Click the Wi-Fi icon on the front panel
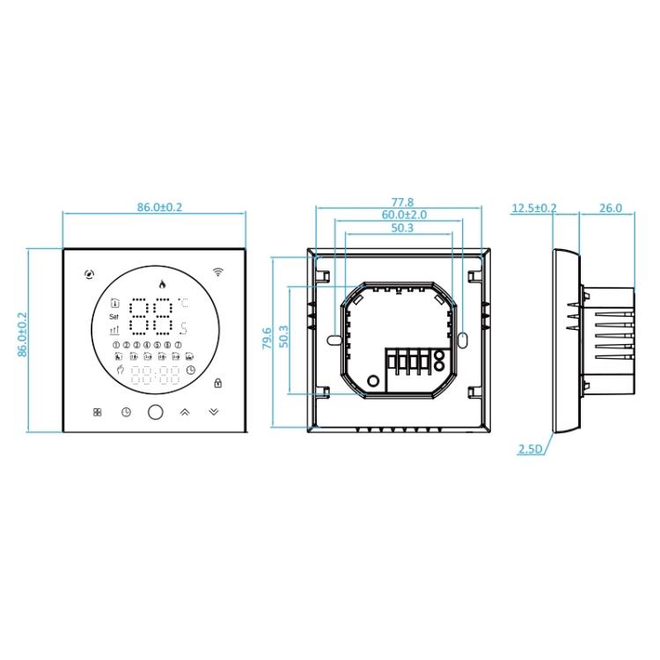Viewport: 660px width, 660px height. coord(218,272)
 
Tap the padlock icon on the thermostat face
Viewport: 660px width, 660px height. coord(217,382)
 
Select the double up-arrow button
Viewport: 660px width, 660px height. coord(185,412)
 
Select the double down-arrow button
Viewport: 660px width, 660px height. coord(215,412)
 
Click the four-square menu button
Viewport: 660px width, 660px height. coord(97,412)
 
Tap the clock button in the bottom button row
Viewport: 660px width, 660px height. coord(126,412)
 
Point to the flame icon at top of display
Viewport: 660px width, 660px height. coord(160,283)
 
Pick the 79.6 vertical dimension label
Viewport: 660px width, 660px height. coord(268,340)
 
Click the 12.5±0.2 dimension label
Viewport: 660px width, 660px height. coord(534,208)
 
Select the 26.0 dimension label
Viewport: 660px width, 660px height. coord(610,208)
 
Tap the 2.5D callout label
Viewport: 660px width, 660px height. coord(531,450)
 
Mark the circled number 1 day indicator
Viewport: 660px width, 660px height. coord(116,345)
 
